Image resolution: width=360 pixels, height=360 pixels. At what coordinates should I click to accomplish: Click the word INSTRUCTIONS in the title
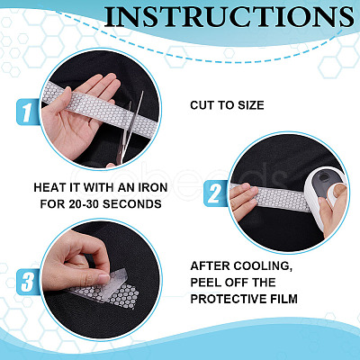point(229,18)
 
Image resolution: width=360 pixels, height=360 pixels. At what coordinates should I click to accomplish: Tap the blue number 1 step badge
point(28,112)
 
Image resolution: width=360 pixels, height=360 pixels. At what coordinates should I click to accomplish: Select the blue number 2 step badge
point(215,193)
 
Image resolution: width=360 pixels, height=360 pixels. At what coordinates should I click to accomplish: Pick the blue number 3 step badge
point(28,282)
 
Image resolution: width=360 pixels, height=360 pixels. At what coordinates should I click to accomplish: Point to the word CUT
point(201,105)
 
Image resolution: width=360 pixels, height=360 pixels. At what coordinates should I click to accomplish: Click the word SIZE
point(251,105)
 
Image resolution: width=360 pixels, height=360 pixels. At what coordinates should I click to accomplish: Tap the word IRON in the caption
point(152,188)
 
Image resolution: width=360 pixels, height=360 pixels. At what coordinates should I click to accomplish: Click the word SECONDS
point(132,204)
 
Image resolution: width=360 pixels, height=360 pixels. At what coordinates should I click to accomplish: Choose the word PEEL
point(203,283)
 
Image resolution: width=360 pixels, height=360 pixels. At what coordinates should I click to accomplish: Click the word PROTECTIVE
point(229,299)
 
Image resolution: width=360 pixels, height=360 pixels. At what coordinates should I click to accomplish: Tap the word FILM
point(284,299)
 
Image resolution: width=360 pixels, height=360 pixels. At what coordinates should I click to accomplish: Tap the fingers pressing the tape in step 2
point(244,200)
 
